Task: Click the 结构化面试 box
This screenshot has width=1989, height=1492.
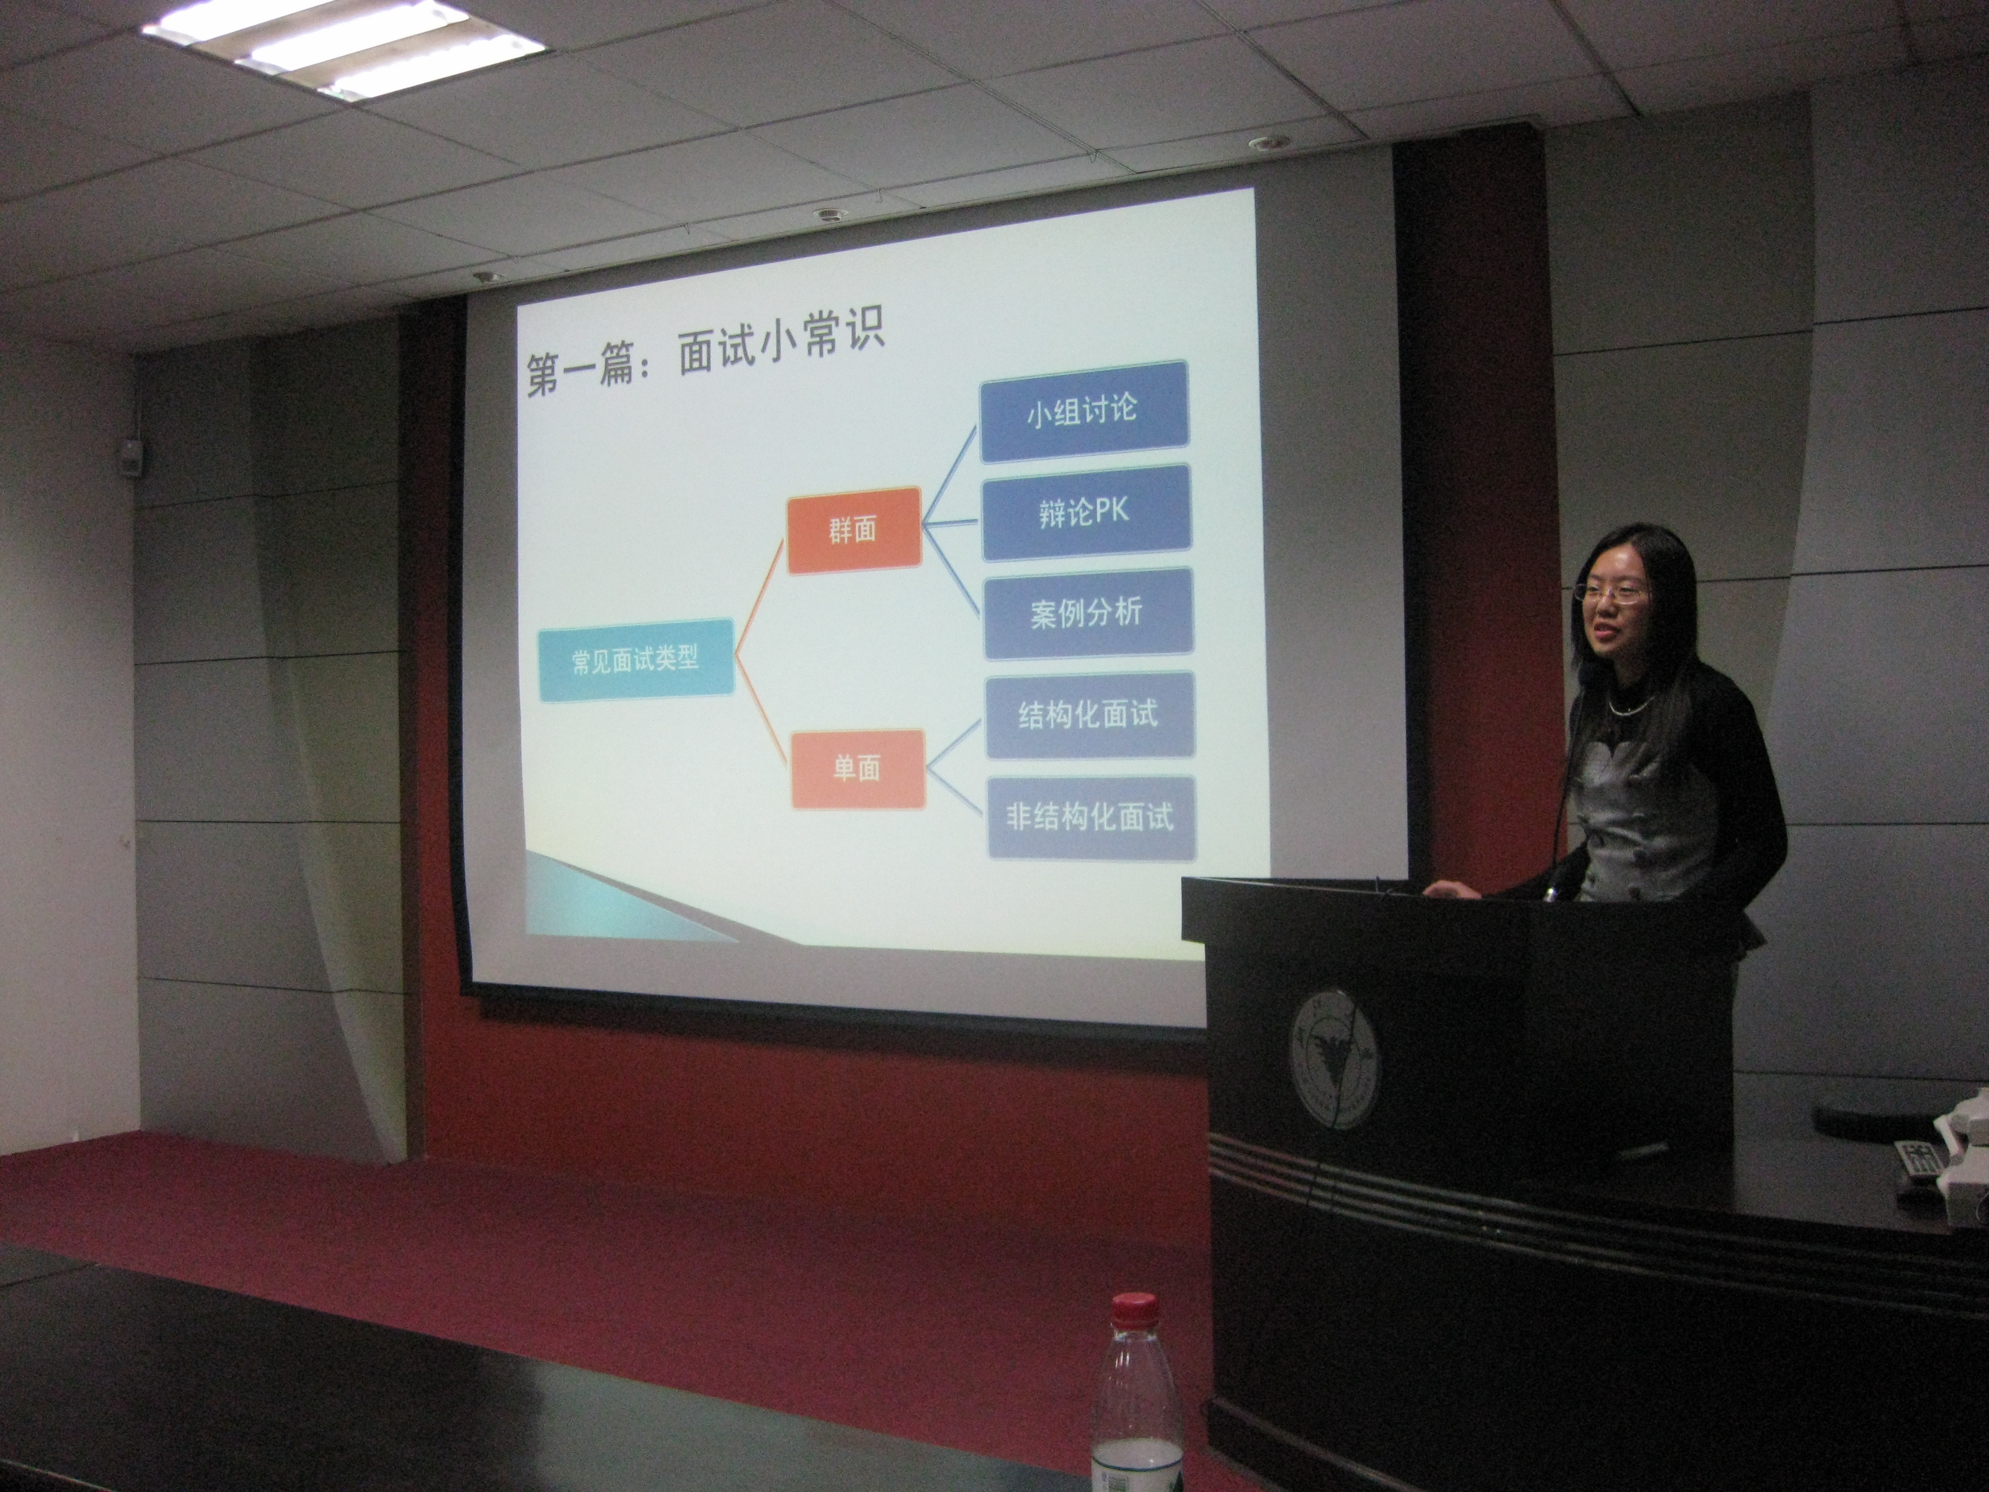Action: coord(1090,715)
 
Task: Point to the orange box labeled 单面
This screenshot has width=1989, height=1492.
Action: coord(858,769)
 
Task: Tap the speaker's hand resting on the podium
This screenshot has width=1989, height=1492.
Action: coord(1449,888)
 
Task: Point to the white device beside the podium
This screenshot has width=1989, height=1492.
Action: coord(1964,1151)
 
